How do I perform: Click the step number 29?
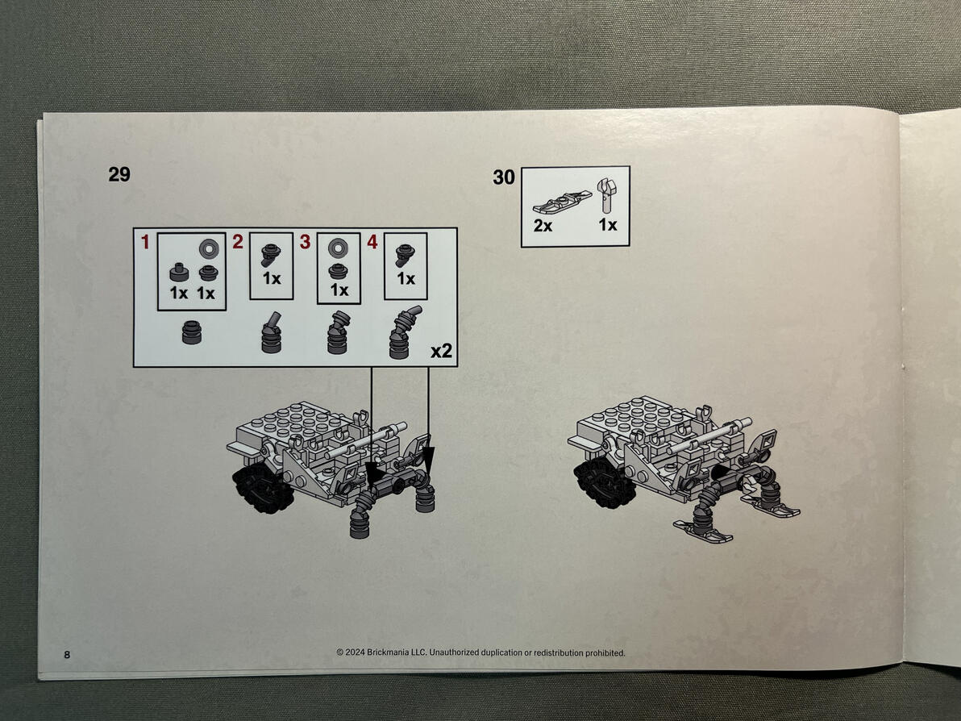(x=119, y=174)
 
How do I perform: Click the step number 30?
(x=504, y=177)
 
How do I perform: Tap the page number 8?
(x=67, y=655)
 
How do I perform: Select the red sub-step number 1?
(x=145, y=242)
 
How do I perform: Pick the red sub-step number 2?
(x=238, y=242)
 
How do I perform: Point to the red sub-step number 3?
(x=306, y=242)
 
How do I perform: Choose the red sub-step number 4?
(x=372, y=242)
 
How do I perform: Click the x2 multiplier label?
(x=441, y=351)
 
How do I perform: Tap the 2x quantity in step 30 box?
(x=543, y=226)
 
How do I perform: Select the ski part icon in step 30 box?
(x=562, y=202)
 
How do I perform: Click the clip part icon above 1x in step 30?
(x=606, y=195)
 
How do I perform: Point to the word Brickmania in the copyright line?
(x=387, y=652)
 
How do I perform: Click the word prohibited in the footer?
(x=605, y=653)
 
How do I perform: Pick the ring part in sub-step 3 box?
(x=338, y=248)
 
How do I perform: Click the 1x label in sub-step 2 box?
(x=272, y=279)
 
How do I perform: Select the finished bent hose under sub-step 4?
(x=405, y=332)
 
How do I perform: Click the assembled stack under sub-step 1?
(x=192, y=333)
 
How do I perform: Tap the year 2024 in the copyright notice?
(x=355, y=652)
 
